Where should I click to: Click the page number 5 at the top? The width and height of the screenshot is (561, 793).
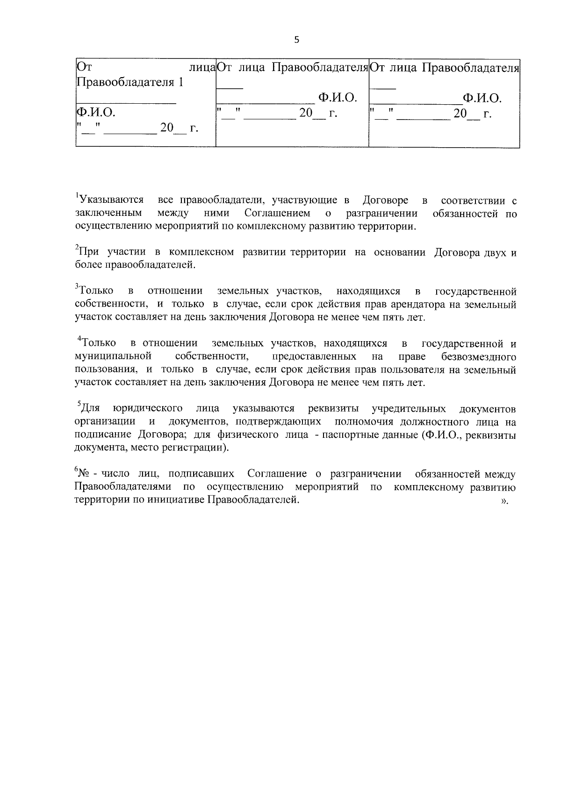(x=296, y=40)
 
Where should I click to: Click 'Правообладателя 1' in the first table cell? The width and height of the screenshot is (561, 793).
(x=129, y=83)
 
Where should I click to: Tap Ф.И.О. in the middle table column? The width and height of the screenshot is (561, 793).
(x=338, y=98)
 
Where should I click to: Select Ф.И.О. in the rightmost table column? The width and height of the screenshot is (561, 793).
(x=482, y=98)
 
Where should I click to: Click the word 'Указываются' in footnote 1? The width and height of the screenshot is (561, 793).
(x=111, y=200)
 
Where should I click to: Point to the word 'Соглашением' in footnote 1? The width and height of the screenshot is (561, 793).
(x=277, y=214)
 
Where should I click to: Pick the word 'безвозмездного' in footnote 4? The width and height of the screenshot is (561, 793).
(x=478, y=357)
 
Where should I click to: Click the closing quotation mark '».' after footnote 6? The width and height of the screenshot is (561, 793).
(x=504, y=501)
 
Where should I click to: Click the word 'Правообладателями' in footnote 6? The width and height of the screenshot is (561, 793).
(x=123, y=487)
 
